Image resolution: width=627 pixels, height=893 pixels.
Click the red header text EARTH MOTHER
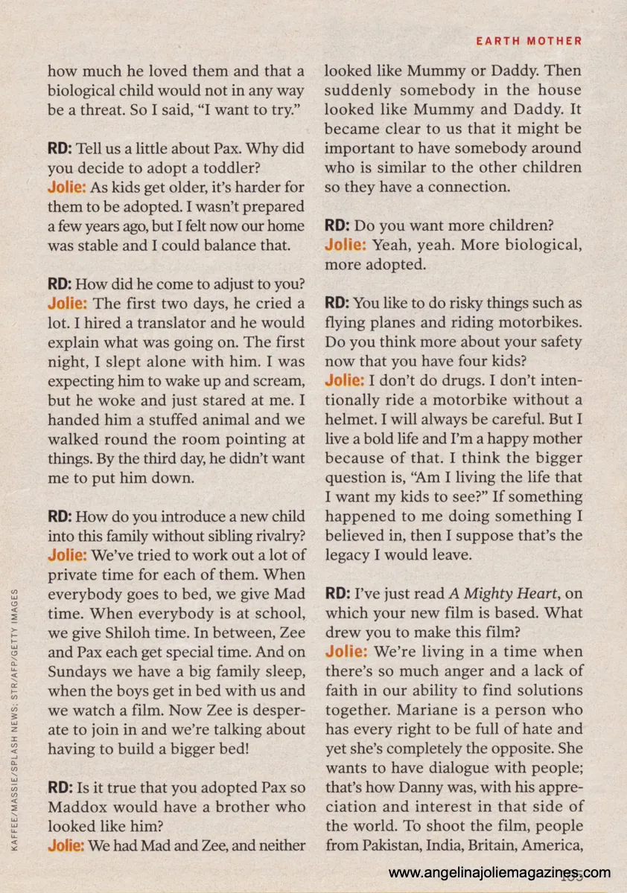(529, 41)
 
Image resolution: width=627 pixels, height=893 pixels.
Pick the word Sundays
(79, 672)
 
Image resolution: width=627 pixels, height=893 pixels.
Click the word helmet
(354, 420)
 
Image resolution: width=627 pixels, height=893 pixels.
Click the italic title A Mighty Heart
(503, 594)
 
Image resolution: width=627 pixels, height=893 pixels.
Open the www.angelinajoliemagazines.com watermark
(499, 873)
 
